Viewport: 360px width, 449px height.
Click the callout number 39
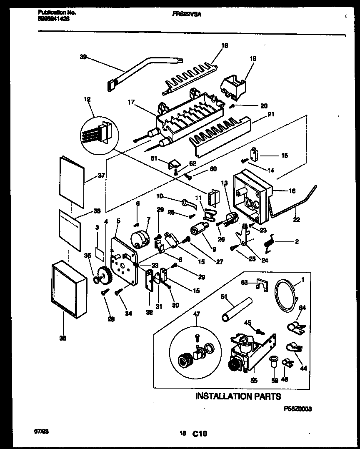(83, 58)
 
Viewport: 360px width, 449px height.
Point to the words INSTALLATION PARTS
(238, 396)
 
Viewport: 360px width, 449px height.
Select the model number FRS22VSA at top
(187, 14)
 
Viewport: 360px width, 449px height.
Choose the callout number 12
(87, 99)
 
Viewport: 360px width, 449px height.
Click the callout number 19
(253, 59)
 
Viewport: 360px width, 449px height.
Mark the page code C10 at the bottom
(199, 434)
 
